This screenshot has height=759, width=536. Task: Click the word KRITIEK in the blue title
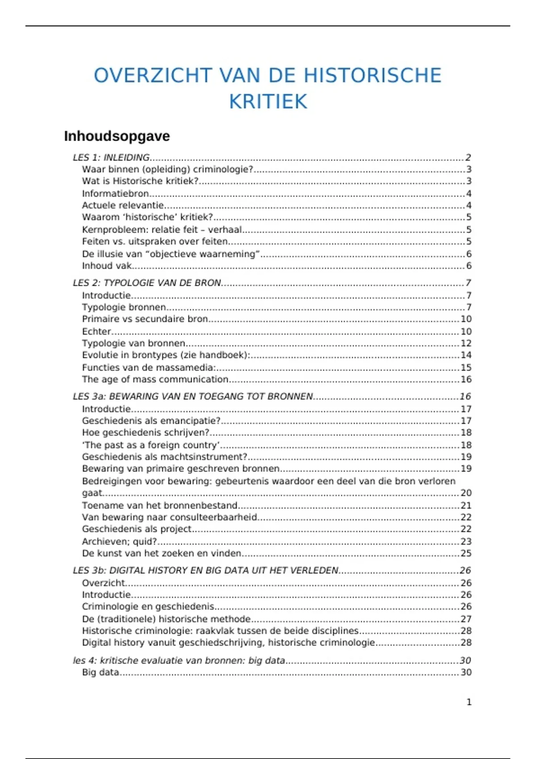[268, 101]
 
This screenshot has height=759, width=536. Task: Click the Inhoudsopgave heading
[117, 136]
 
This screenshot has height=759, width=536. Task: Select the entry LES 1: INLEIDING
[111, 158]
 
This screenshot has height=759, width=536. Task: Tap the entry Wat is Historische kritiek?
[140, 181]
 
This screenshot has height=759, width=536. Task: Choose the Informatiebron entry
[115, 194]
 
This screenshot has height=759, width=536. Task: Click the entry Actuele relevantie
[123, 205]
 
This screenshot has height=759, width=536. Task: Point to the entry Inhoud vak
[107, 266]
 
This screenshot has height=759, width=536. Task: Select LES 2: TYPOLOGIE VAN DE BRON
[147, 283]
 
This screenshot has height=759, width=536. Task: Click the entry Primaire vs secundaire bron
[145, 319]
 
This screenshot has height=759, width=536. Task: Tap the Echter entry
[96, 332]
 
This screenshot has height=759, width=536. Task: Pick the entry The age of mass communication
[155, 379]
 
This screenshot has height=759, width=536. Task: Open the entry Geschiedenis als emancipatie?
[151, 421]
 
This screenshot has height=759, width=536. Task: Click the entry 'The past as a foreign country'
[151, 445]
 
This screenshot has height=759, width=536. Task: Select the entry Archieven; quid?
[119, 542]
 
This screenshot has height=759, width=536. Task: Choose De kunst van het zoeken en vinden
[161, 554]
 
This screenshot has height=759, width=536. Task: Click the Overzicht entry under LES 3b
[104, 583]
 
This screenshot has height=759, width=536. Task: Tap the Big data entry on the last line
[100, 672]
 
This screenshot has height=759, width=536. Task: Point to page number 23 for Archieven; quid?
[466, 542]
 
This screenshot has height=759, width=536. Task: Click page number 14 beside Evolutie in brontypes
[466, 355]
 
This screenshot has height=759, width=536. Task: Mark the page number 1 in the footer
[469, 702]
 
